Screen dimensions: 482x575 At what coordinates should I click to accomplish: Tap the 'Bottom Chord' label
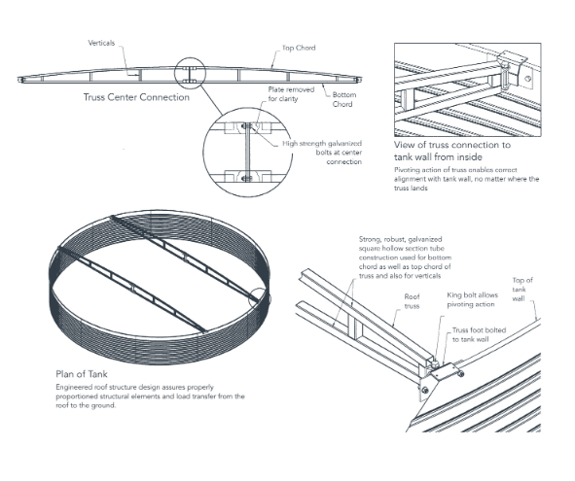point(343,99)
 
